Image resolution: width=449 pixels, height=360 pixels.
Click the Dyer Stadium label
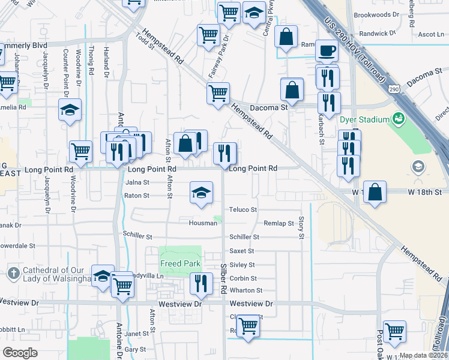pos(364,119)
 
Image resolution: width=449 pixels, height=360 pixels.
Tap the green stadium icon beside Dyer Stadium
pos(397,119)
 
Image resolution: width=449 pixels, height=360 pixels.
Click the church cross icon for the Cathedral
pos(14,274)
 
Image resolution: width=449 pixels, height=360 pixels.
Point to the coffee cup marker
pos(327,51)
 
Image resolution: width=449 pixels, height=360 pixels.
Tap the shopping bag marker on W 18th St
pos(375,193)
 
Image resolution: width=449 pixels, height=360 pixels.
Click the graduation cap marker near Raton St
pos(202,193)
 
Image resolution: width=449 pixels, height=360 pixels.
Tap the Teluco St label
pos(243,210)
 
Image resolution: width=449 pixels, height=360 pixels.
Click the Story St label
pos(302,227)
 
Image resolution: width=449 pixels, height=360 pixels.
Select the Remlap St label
pos(279,223)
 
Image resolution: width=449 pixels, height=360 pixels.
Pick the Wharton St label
pos(243,290)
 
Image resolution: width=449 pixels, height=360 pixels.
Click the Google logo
pos(20,353)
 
